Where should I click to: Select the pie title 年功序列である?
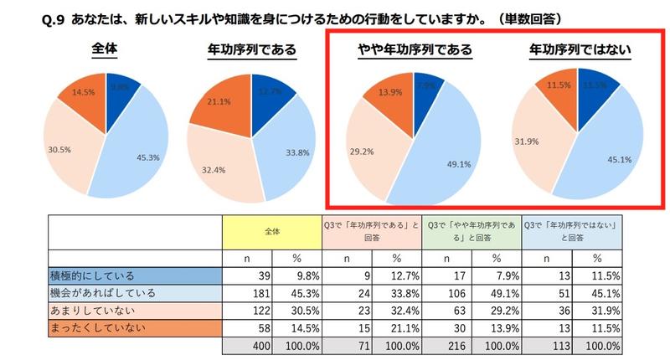click(x=251, y=49)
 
